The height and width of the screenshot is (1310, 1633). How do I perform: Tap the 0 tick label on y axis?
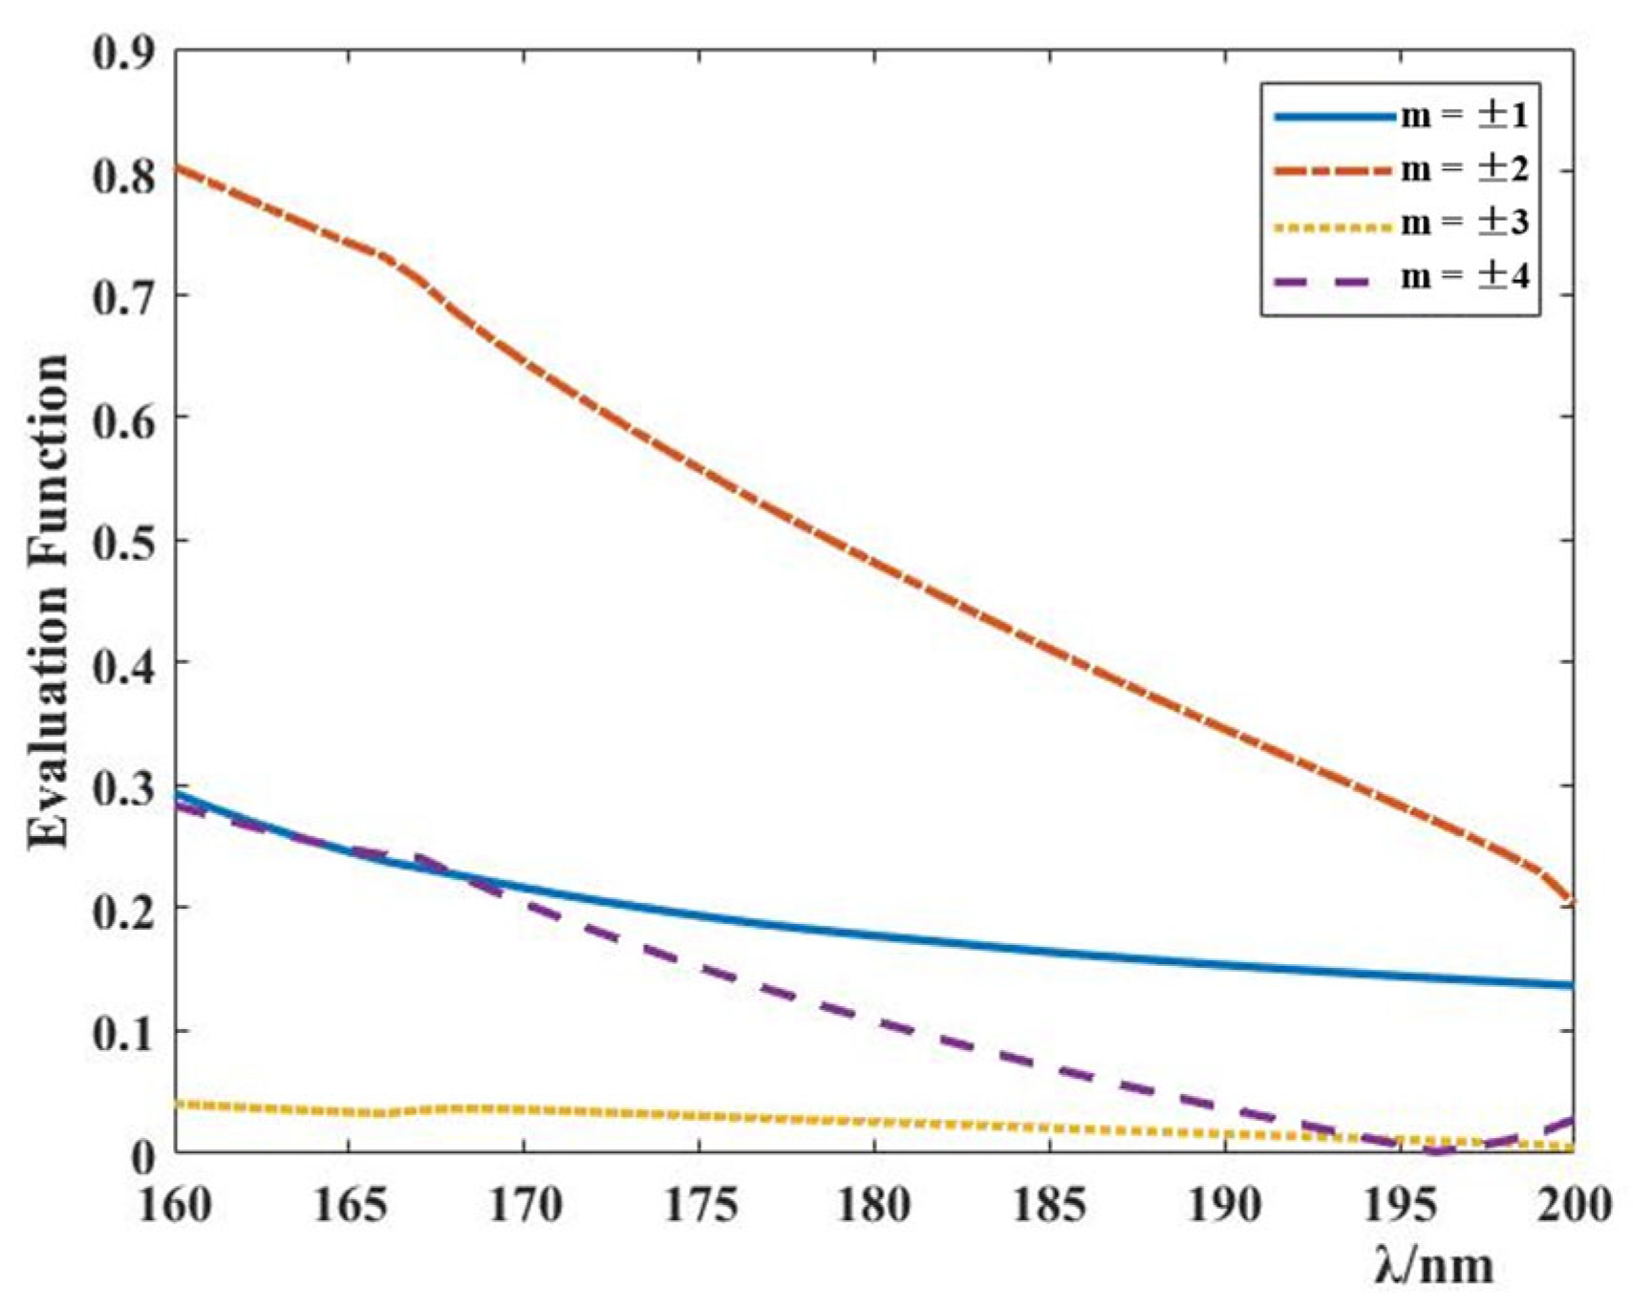click(x=142, y=1155)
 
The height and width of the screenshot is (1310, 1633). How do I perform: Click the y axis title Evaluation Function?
click(x=48, y=602)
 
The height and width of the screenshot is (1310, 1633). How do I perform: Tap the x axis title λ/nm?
click(x=1433, y=1266)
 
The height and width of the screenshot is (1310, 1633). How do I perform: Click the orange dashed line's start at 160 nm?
click(x=177, y=167)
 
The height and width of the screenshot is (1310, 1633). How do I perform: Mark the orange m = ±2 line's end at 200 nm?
click(x=1572, y=901)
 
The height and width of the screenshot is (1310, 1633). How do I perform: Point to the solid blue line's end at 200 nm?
click(x=1572, y=984)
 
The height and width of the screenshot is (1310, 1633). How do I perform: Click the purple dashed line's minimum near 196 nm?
click(x=1436, y=1151)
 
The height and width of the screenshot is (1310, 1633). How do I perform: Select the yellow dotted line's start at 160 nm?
click(x=177, y=1104)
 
